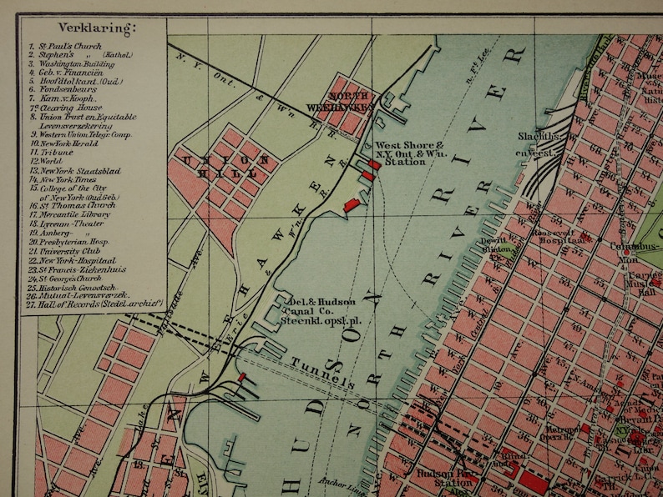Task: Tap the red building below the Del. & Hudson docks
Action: point(242,378)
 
